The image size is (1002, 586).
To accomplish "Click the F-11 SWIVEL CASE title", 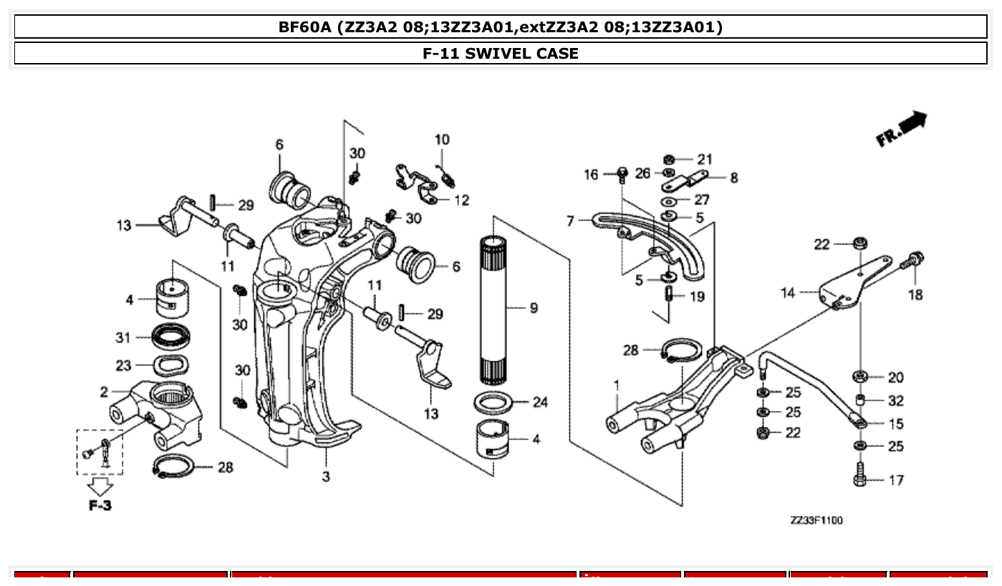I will point(501,53).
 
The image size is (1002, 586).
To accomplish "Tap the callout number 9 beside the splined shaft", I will point(534,308).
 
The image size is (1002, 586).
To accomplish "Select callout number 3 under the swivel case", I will point(326,476).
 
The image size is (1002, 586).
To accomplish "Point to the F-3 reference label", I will point(100,506).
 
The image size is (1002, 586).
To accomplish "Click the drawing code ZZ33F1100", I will point(816,520).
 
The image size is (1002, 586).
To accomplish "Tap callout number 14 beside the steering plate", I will point(788,292).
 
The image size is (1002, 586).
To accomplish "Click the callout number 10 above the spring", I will point(442,139).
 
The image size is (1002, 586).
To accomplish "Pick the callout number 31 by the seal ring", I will point(123,337).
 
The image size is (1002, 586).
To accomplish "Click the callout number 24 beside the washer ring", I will point(540,403).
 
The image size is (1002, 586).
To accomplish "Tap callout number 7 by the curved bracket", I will point(570,221).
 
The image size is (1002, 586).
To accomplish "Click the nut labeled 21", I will point(668,159).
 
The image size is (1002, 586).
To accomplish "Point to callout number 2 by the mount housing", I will point(104,392).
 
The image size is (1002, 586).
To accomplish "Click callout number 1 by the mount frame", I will point(616,385).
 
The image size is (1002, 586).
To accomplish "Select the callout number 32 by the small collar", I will point(895,400).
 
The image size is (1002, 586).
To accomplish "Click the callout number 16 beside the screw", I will point(591,174).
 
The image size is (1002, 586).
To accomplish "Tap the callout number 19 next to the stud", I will point(697,297).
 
